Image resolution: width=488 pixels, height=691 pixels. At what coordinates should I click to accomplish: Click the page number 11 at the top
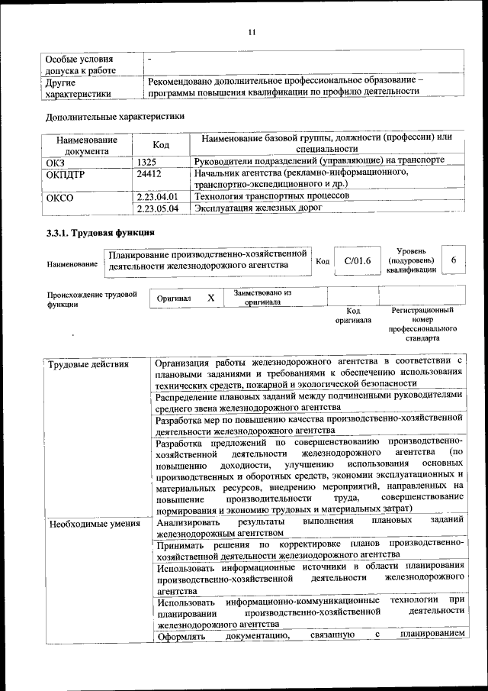pyautogui.click(x=253, y=31)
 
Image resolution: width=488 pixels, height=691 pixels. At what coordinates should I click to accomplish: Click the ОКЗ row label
pyautogui.click(x=56, y=161)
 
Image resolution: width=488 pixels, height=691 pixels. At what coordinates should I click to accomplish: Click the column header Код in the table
pyautogui.click(x=161, y=144)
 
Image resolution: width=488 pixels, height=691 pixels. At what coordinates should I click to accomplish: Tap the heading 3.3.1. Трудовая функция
pyautogui.click(x=101, y=233)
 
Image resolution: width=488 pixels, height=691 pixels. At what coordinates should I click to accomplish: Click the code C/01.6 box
pyautogui.click(x=358, y=261)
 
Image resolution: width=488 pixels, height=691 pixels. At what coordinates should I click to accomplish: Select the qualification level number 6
pyautogui.click(x=454, y=260)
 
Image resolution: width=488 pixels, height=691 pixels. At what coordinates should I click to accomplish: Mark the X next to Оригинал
pyautogui.click(x=210, y=298)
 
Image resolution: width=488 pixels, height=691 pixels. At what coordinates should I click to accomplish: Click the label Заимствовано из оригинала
pyautogui.click(x=262, y=297)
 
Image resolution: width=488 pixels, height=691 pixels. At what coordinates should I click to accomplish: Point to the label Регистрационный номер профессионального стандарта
pyautogui.click(x=422, y=324)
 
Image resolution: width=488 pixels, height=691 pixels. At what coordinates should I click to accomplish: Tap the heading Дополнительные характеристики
pyautogui.click(x=115, y=118)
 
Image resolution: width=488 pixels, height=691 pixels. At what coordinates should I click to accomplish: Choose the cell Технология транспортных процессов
pyautogui.click(x=271, y=196)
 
